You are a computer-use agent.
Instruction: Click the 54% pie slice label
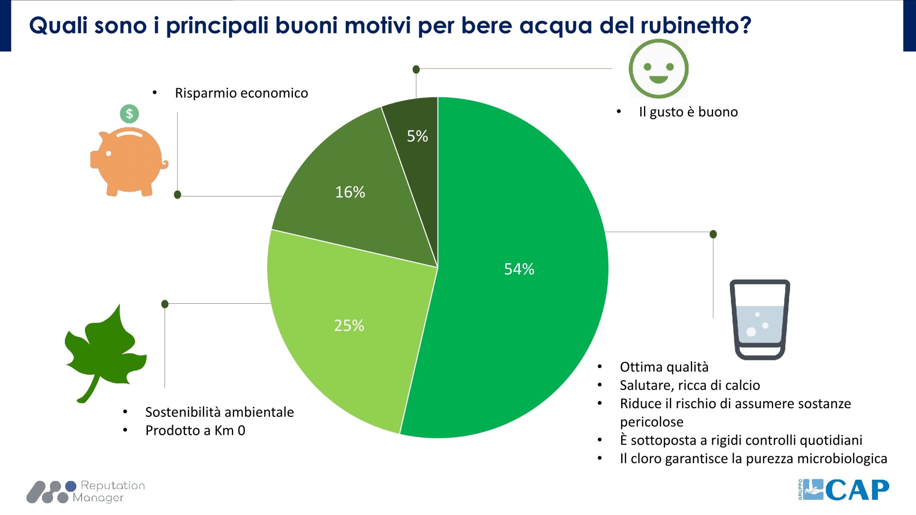519,269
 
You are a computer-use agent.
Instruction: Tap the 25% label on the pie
349,325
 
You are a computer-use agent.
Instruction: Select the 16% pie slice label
350,192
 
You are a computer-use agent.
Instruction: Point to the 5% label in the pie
417,136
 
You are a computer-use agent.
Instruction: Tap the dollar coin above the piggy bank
129,114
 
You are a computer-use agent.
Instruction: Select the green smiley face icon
658,69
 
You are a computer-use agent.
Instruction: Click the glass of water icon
760,319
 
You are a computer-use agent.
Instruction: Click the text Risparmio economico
241,93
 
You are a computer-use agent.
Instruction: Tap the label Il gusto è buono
688,112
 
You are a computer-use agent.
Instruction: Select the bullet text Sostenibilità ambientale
219,412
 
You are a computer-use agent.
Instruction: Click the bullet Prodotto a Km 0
195,431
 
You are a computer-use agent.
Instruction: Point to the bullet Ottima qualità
664,367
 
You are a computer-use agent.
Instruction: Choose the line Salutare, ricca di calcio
689,385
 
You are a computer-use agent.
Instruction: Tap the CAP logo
843,490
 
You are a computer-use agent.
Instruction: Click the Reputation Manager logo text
109,492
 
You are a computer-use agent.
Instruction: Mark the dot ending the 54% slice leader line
713,234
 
